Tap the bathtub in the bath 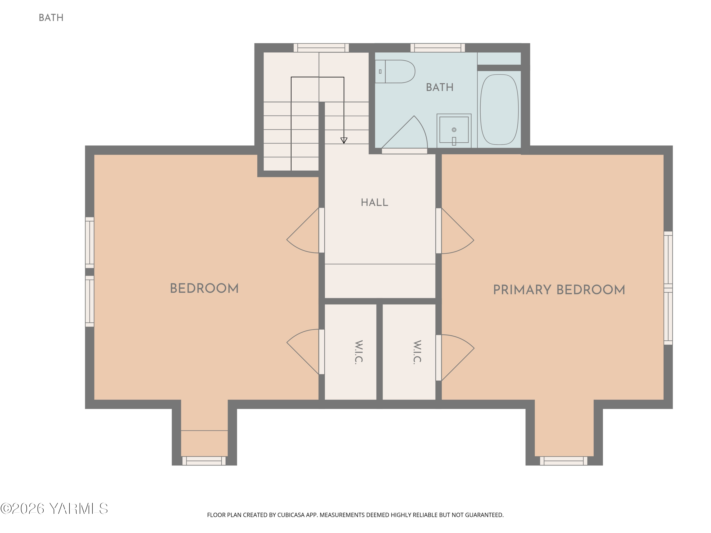[x=499, y=109]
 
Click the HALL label [x=374, y=202]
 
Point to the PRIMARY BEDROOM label [x=559, y=290]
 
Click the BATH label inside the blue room [x=440, y=87]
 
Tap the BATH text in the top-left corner [x=51, y=18]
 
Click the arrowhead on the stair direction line [x=344, y=140]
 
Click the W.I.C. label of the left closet [x=359, y=352]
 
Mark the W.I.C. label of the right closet [x=417, y=352]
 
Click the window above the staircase [x=321, y=48]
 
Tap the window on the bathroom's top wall [x=438, y=48]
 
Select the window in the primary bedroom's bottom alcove [x=563, y=461]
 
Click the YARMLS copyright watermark [x=54, y=509]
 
